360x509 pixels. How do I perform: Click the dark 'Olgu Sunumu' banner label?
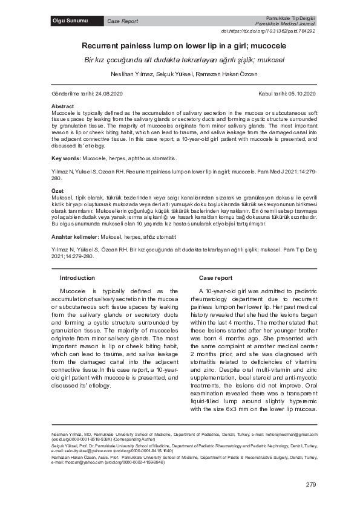71,21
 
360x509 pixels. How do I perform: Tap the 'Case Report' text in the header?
122,21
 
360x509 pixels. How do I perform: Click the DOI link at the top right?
277,31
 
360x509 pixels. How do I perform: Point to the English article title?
180,45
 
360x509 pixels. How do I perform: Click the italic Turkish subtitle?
180,60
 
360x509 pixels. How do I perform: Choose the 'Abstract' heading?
63,106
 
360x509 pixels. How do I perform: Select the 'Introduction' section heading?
77,277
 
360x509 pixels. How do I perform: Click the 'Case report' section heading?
215,277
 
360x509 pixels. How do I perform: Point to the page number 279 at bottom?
312,485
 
